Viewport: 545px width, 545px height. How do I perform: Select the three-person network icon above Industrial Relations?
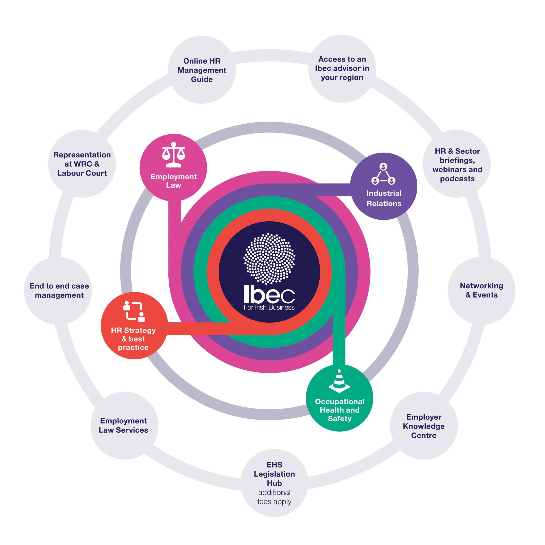tap(383, 174)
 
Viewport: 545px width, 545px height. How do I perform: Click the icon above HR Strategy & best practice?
tap(134, 312)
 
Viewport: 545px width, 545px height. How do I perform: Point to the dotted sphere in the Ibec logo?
tap(269, 258)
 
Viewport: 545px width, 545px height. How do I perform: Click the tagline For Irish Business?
tap(269, 307)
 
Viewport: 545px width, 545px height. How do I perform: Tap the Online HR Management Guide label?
tap(202, 70)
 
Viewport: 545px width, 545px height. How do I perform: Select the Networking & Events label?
tap(481, 290)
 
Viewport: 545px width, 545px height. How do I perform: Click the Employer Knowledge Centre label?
tap(423, 426)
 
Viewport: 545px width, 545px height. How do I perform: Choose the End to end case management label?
tap(59, 290)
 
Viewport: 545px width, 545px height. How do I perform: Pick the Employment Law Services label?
tap(123, 425)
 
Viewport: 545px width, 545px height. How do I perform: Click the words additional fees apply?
tap(274, 497)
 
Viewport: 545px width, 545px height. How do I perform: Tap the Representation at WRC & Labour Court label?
tap(82, 164)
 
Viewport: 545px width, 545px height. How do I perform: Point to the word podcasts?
tap(457, 179)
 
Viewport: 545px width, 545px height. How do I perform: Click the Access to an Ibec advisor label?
tap(342, 68)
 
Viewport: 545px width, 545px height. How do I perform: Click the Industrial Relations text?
tap(384, 198)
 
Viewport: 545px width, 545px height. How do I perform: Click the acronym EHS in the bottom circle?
tap(274, 465)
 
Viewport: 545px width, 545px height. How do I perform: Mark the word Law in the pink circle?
tap(173, 185)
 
